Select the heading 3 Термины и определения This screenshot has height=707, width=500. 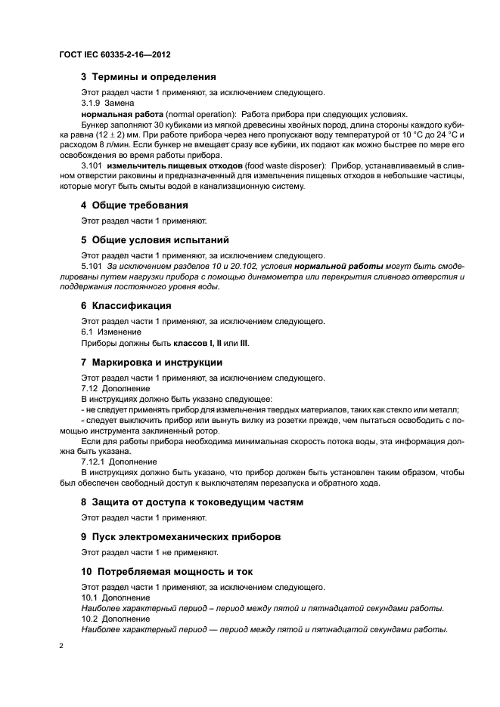coord(148,77)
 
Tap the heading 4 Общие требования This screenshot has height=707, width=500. coord(134,205)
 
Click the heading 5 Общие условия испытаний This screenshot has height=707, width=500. coord(154,241)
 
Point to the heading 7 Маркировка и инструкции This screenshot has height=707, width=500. coord(151,362)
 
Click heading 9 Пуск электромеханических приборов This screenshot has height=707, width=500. coord(181,537)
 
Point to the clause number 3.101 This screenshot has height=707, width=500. coord(92,165)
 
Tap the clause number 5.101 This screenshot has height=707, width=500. coord(92,267)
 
